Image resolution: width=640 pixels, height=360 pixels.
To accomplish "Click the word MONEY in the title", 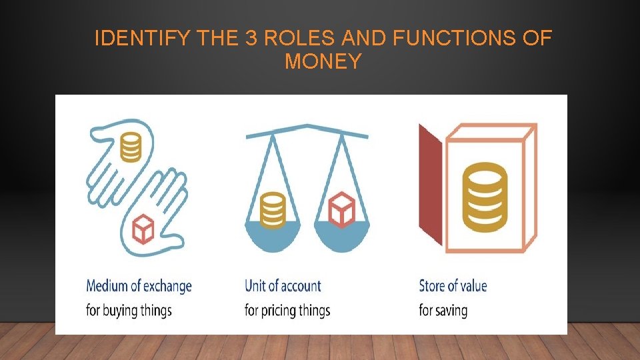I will [323, 61].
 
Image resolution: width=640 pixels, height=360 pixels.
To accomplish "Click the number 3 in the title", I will [251, 39].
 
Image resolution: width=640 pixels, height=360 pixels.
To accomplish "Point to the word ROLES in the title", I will [296, 39].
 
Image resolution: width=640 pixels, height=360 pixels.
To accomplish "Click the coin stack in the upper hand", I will [131, 147].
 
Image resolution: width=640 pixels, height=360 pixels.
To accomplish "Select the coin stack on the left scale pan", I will [272, 211].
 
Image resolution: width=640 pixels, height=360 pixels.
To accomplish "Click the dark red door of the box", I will [430, 187].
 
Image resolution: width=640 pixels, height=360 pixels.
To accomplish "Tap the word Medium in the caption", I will [109, 287].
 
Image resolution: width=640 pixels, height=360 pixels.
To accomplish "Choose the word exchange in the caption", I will [167, 287].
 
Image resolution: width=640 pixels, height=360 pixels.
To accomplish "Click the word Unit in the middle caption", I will [255, 287].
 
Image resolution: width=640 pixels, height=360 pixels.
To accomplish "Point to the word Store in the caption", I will [431, 287].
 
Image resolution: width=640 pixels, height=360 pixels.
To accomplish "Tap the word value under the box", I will [473, 287].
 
